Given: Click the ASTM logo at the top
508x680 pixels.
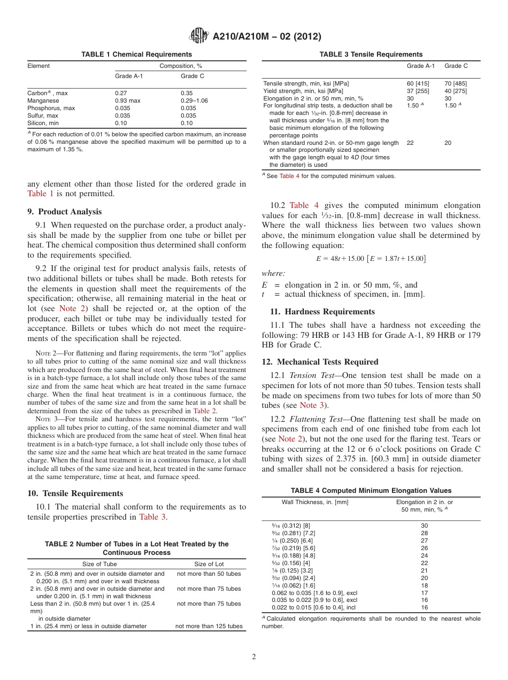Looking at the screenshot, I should (x=199, y=36).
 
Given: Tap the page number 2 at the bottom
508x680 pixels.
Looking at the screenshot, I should (x=254, y=657).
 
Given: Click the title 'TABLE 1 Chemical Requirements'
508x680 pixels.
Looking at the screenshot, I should (x=136, y=55).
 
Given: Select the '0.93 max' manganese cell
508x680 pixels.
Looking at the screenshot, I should (x=128, y=101).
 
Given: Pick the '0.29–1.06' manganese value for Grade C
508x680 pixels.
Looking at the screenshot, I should (x=194, y=101).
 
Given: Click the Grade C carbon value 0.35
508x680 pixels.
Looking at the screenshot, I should (x=187, y=93).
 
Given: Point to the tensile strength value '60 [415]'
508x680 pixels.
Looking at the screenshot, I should (x=418, y=83).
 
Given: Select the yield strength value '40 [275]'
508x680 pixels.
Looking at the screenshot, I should (x=456, y=91).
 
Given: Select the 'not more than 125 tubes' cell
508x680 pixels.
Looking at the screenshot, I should (x=209, y=626).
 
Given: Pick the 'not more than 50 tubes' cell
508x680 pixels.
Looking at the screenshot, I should (x=209, y=574).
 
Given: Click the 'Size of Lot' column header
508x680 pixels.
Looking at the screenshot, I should (x=209, y=564).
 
